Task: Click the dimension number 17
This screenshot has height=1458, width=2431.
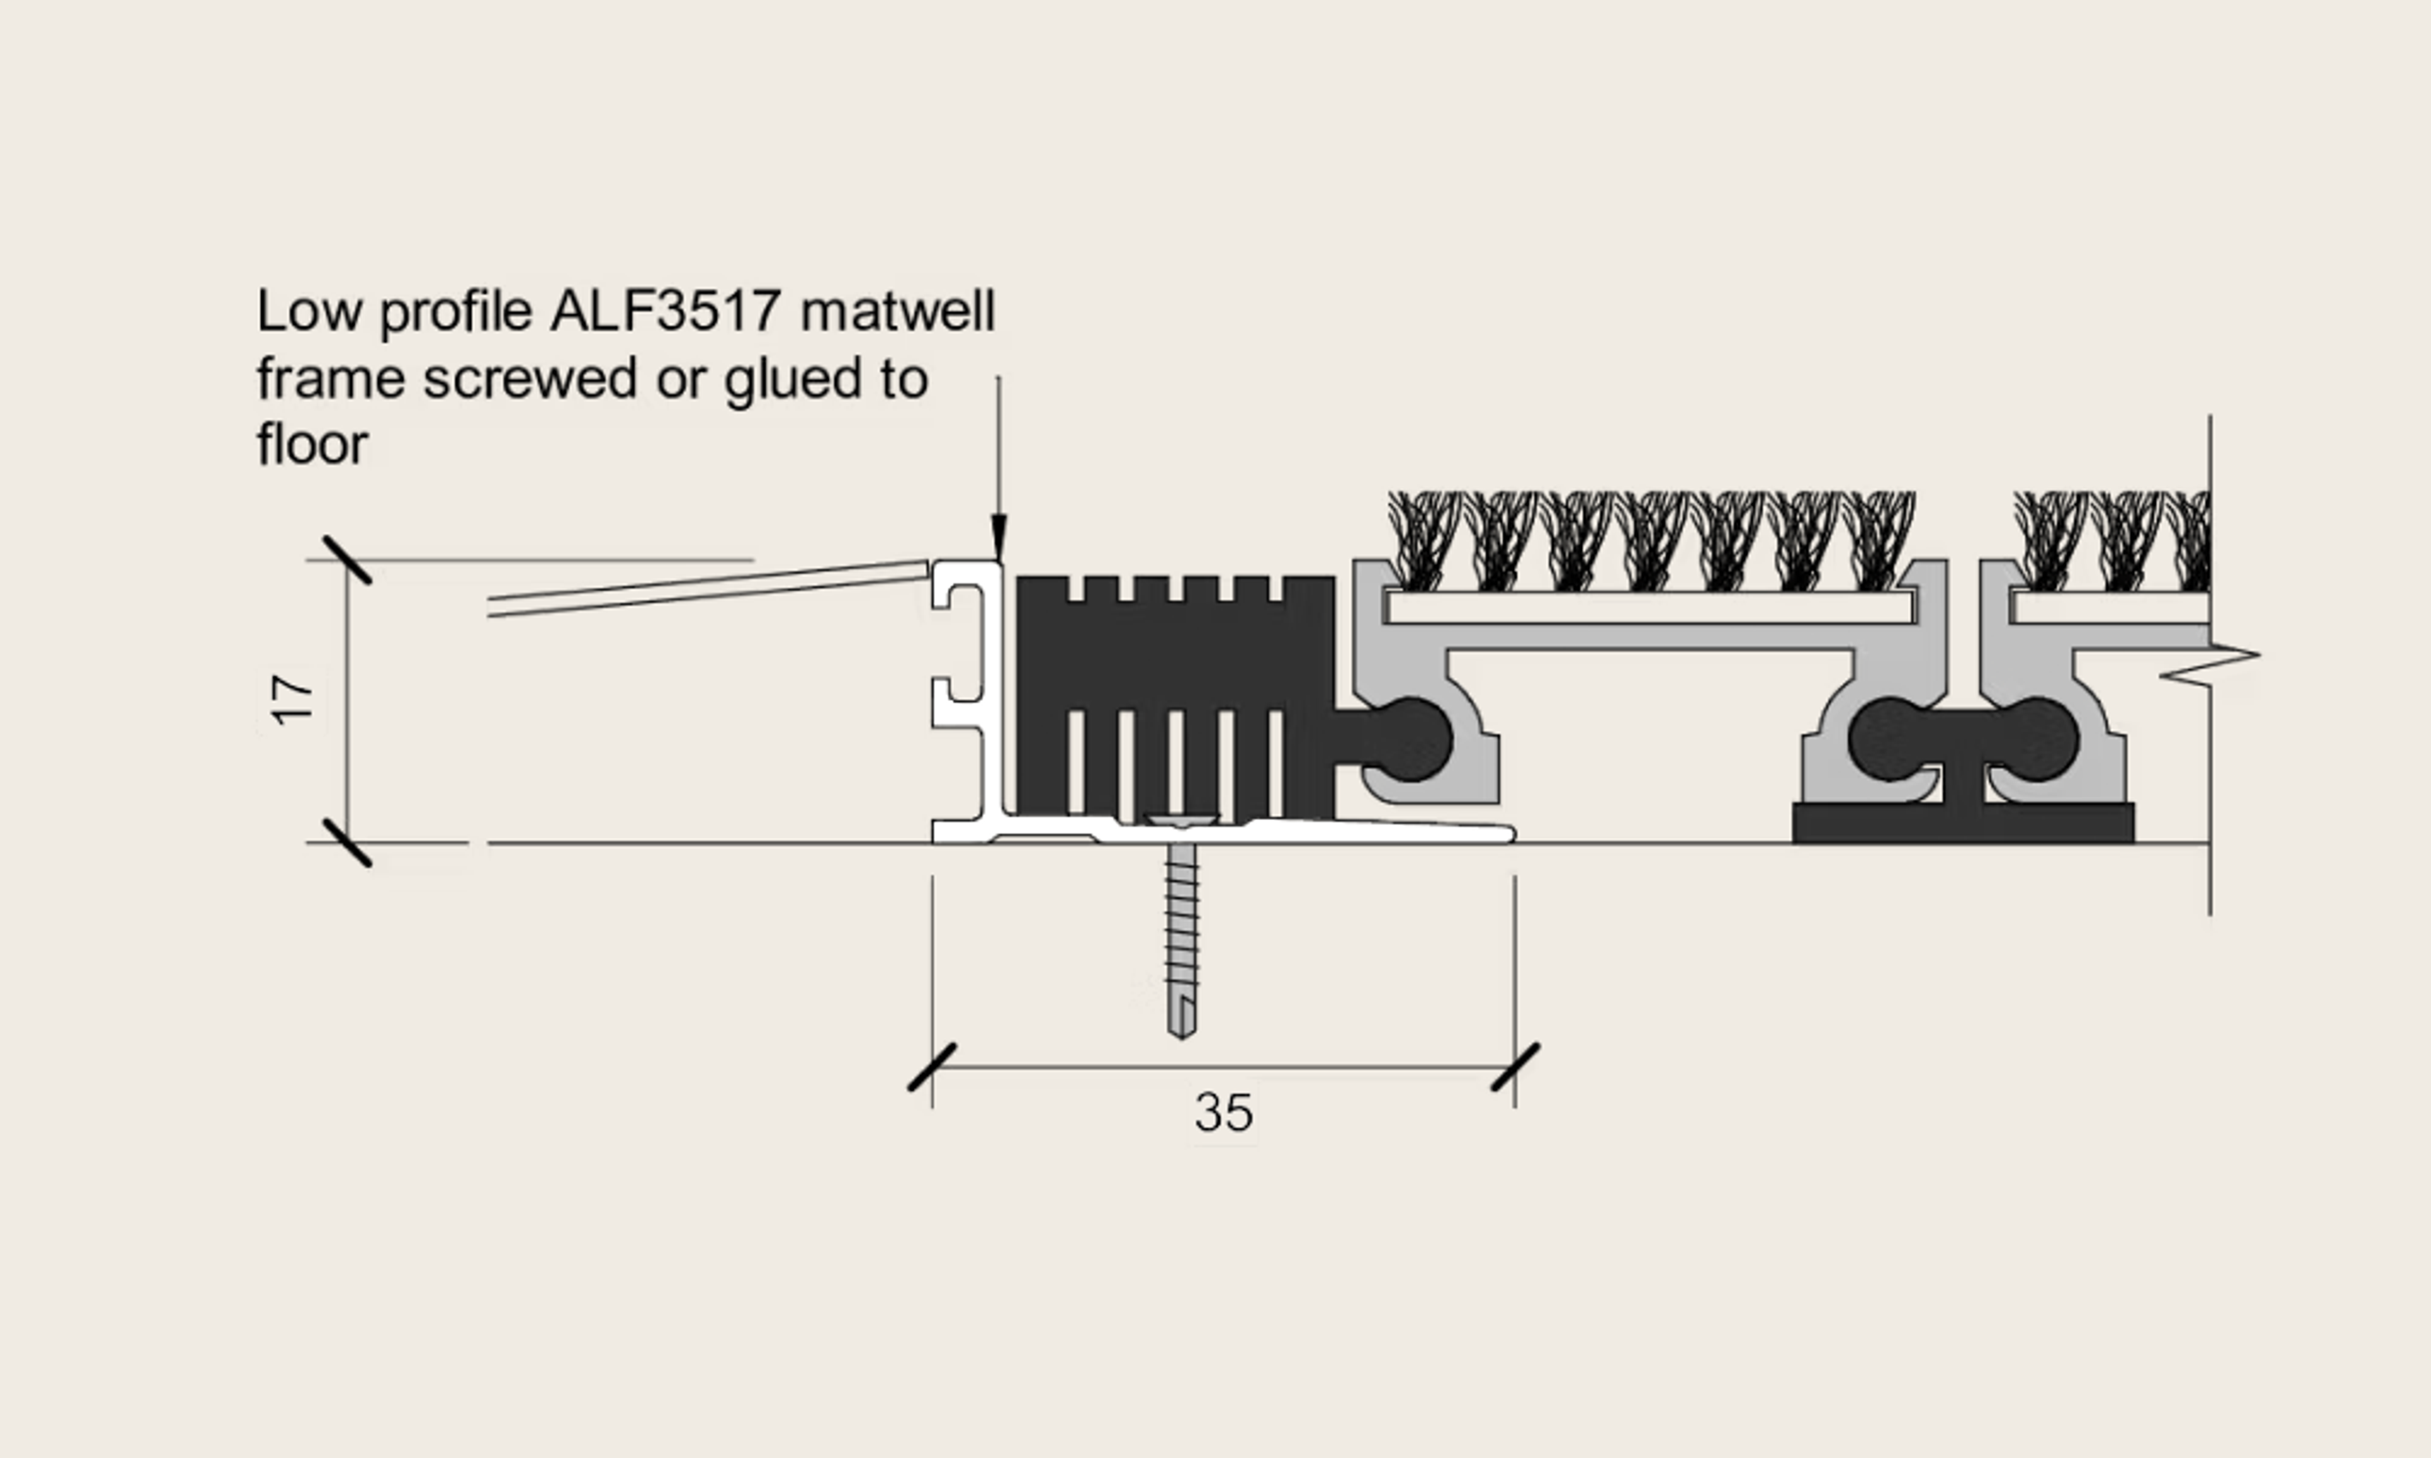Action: (292, 699)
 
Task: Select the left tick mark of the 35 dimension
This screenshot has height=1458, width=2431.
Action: (931, 1068)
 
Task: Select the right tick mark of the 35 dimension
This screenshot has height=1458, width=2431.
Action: (1515, 1068)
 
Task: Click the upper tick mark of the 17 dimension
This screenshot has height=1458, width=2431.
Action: (348, 560)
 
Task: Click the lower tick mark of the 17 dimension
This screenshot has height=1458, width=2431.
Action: (348, 843)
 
